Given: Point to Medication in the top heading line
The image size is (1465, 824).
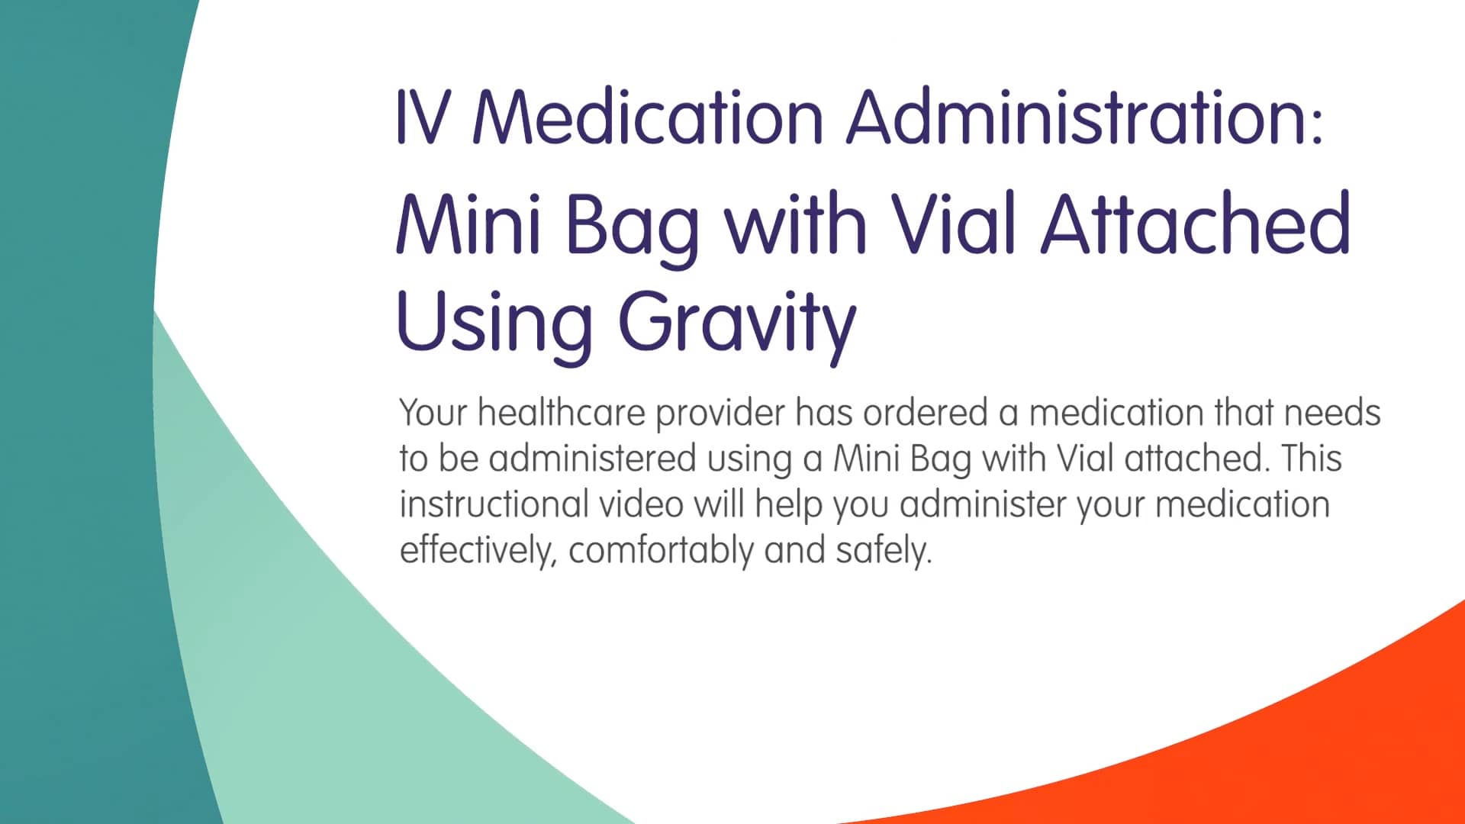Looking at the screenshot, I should point(649,117).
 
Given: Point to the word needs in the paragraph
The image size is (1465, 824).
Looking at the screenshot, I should point(1332,413).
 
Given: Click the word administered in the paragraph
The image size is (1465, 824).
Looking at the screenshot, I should point(592,459).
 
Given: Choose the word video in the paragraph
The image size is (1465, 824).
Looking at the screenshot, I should point(640,504).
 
